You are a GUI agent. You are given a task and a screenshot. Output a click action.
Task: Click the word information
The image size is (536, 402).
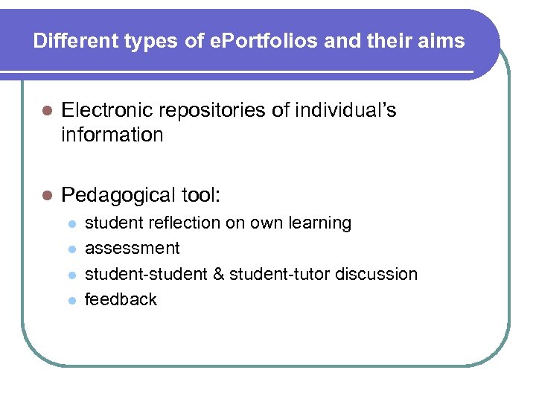[112, 135]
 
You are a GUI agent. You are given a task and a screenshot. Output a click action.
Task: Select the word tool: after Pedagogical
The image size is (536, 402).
[201, 195]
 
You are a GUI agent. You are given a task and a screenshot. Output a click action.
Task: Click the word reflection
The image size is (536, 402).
[164, 223]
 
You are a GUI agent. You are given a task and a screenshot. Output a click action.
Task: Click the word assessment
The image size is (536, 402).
[133, 248]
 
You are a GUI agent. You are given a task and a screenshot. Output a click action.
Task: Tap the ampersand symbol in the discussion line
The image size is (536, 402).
[219, 274]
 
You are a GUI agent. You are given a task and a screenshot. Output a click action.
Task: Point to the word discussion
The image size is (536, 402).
[377, 274]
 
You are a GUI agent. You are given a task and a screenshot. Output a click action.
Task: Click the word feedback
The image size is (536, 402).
[121, 299]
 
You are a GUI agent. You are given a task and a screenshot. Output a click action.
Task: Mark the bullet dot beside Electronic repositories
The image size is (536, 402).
[47, 112]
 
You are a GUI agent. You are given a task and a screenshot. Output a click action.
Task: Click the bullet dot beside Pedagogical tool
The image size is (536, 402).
[47, 196]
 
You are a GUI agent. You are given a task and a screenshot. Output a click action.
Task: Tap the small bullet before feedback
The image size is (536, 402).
[71, 300]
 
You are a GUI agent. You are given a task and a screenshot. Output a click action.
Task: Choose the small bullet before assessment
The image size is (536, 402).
[71, 249]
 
